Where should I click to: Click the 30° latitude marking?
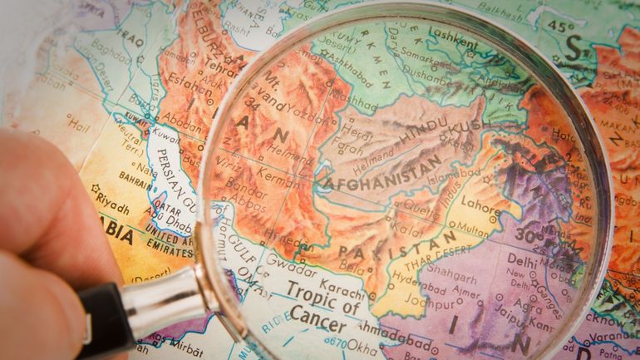[524, 234]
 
